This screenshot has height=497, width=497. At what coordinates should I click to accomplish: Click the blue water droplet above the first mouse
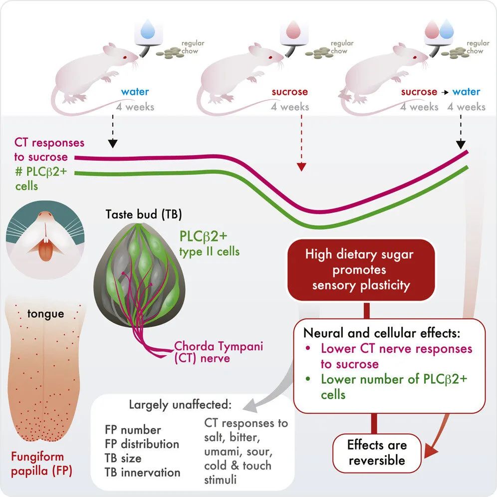point(148,29)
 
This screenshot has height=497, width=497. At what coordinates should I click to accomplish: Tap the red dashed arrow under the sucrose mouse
point(301,143)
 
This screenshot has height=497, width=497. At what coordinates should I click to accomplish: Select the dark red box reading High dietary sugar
point(361,270)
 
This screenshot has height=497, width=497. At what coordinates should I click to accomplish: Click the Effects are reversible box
point(377,453)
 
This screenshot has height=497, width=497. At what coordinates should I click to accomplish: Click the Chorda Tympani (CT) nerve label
point(219,352)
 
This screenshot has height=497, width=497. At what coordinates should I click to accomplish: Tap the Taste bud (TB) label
point(144,214)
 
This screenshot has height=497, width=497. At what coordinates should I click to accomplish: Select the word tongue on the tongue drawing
point(45,314)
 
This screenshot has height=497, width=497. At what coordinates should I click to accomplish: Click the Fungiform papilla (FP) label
point(41,464)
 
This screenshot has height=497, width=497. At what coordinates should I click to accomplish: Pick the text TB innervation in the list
point(142,472)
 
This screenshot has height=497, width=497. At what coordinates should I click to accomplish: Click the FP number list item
point(133,430)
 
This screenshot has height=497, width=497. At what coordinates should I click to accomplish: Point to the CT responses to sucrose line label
point(49,150)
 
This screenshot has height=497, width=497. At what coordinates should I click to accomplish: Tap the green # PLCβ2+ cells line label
point(41,179)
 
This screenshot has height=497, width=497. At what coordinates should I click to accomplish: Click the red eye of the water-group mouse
point(125,57)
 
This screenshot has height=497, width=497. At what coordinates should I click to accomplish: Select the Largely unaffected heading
point(180,405)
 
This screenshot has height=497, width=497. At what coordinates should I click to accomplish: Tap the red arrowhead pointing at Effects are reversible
point(431,450)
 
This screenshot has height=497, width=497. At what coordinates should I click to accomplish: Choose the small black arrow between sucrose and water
point(445,92)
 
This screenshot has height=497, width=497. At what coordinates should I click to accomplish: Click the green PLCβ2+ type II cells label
point(209,244)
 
